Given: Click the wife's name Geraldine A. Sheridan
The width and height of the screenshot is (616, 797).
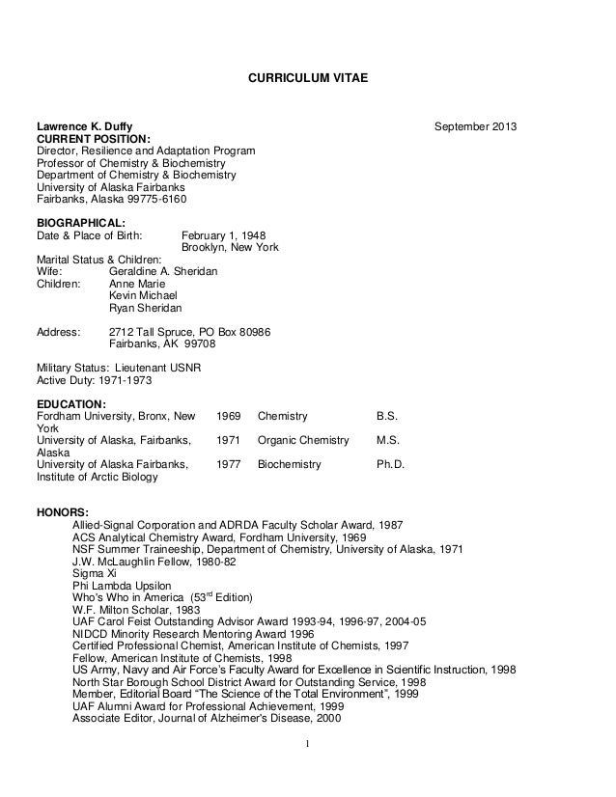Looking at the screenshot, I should pos(163,273).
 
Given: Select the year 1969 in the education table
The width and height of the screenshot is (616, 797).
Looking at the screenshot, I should pos(229,417).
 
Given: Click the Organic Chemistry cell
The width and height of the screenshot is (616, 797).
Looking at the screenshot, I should pos(303,441).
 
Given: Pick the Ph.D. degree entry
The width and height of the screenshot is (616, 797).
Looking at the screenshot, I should pos(389,464).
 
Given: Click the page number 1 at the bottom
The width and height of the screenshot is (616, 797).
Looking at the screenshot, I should pos(306,744).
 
